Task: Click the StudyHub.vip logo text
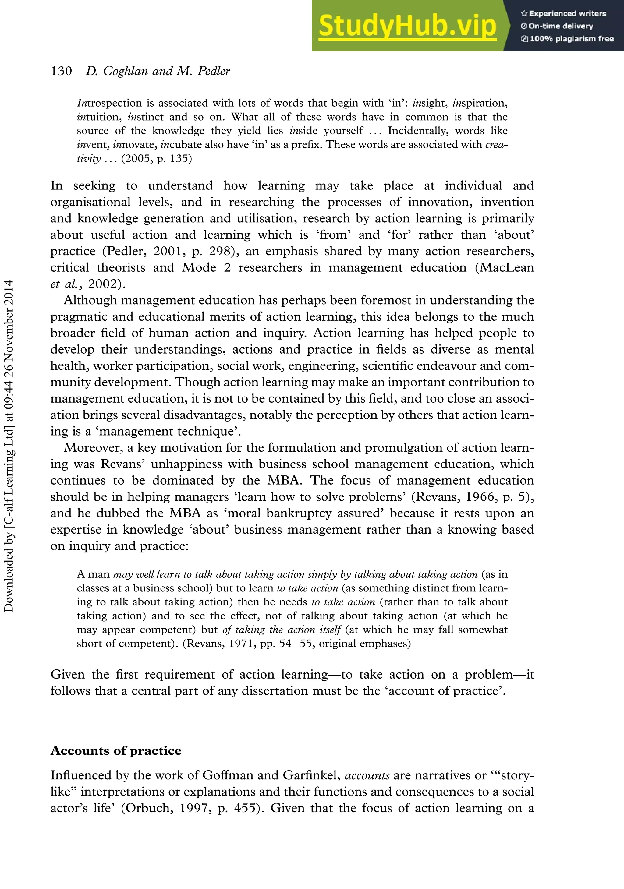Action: pos(407,26)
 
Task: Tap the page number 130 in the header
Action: pos(61,71)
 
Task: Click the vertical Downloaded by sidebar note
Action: pos(9,445)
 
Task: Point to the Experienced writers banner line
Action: pos(564,13)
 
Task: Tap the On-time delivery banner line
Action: pos(557,26)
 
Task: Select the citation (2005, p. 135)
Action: pos(157,158)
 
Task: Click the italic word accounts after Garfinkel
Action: pos(367,775)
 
